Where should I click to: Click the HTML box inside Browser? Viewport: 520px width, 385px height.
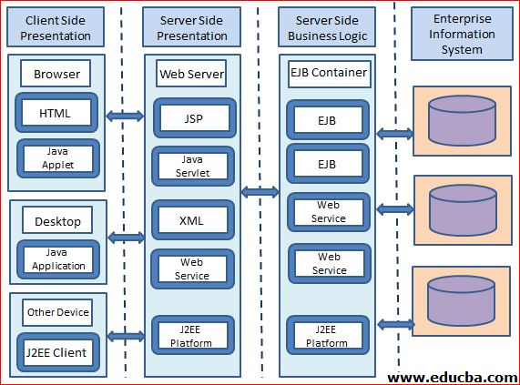coord(55,114)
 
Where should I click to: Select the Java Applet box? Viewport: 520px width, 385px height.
coord(56,158)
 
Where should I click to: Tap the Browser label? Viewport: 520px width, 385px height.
coord(56,74)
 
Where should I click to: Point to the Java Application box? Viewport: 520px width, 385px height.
coord(58,259)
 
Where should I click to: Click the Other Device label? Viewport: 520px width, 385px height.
coord(58,312)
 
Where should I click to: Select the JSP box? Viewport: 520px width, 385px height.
coord(191,119)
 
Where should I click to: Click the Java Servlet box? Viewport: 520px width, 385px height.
coord(191,165)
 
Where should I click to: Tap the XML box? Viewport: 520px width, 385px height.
coord(191,220)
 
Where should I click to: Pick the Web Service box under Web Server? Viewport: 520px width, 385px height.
coord(191,268)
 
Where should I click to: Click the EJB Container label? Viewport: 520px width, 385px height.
coord(327,72)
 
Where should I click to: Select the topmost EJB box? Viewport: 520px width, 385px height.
coord(327,119)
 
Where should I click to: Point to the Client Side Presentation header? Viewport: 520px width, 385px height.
coord(58,28)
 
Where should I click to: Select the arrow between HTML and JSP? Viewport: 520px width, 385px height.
coord(126,116)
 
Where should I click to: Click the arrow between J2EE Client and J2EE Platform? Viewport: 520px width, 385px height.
coord(126,336)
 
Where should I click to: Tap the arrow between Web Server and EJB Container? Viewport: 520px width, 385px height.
coord(260,192)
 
